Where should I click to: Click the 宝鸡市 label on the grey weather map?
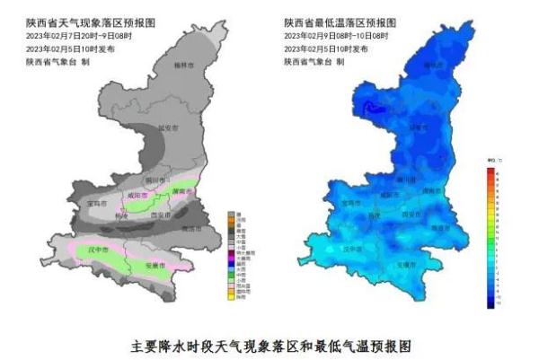pos(97,203)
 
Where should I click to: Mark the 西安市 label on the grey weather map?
pos(160,216)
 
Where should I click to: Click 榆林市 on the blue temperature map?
pos(433,66)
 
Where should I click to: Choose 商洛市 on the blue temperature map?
pos(442,230)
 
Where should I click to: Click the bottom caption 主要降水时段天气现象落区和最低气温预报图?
pos(269,344)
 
